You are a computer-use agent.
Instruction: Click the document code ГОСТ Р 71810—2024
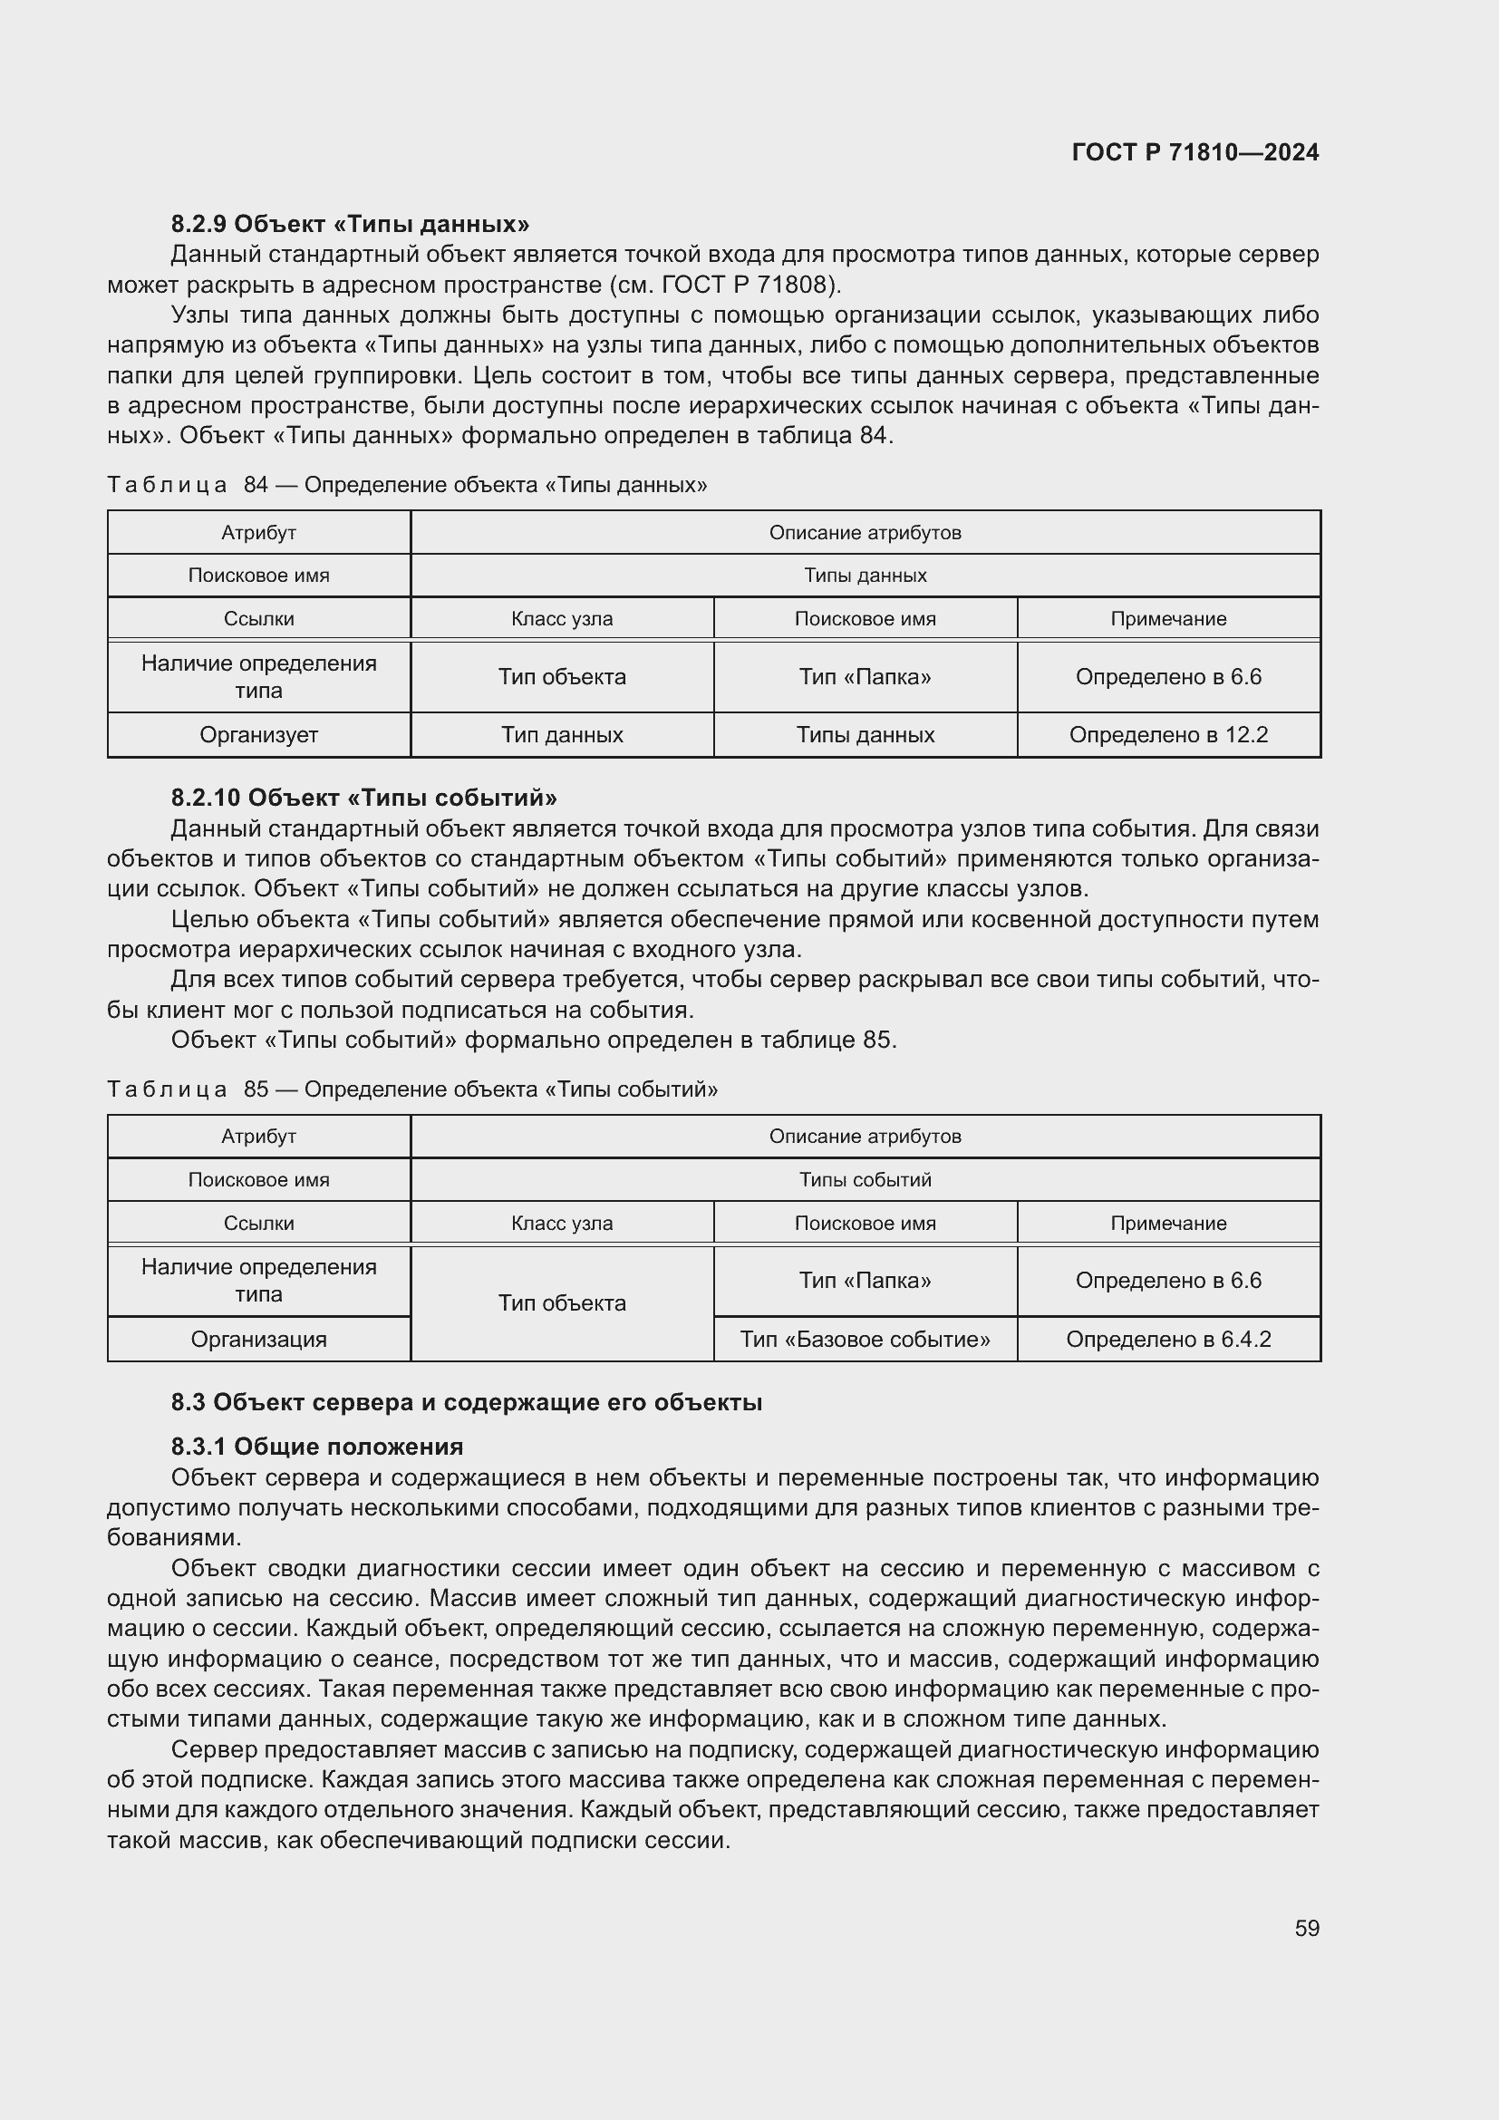1195,152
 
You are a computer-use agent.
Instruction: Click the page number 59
1306,1928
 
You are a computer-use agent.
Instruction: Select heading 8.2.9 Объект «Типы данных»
350,224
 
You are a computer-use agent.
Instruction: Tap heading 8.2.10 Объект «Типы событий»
363,797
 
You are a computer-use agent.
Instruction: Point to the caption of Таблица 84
407,485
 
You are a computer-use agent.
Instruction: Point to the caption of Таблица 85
411,1089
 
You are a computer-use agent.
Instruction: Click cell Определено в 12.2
1167,735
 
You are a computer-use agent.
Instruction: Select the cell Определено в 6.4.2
1167,1339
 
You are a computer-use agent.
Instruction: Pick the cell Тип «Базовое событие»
865,1339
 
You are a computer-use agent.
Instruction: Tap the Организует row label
258,735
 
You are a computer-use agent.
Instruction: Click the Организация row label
258,1339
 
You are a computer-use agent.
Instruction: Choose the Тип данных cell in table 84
561,735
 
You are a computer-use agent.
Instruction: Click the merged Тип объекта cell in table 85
561,1302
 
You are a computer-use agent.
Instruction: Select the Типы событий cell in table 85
865,1179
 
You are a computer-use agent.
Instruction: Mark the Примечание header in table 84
1167,619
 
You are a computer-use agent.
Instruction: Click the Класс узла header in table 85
561,1223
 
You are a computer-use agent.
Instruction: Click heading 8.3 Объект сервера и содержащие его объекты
466,1401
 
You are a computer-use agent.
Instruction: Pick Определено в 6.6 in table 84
1167,677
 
